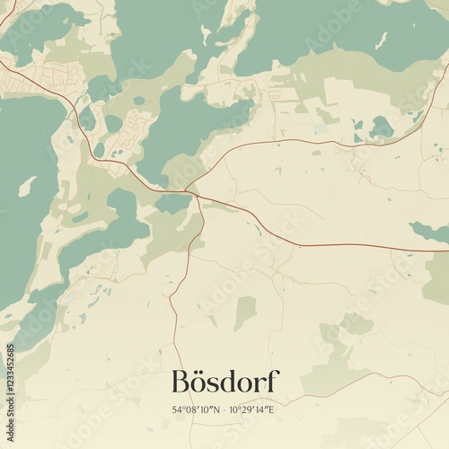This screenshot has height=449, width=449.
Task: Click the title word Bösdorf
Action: point(224,382)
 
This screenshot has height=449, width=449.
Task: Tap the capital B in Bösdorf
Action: point(181,382)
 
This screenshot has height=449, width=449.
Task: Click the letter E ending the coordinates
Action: point(274,410)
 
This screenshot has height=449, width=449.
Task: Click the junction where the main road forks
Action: point(190,191)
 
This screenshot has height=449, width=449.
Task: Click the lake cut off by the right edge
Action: point(429,232)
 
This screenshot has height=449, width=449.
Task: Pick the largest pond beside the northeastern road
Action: point(381,128)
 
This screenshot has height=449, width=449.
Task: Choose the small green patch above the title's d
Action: point(245,313)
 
